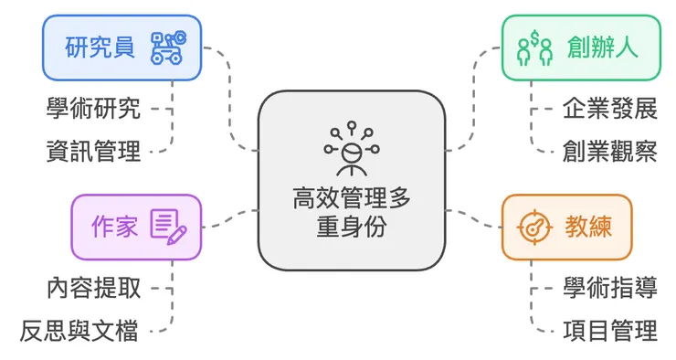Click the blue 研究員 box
click(121, 47)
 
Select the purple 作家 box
click(135, 226)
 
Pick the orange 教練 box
click(565, 226)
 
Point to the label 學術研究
click(93, 110)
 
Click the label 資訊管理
click(93, 151)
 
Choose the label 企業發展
click(609, 110)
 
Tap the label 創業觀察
click(609, 151)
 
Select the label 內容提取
click(93, 288)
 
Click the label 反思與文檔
click(79, 329)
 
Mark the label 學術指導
click(609, 288)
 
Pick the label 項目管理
click(609, 329)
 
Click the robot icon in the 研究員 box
click(168, 48)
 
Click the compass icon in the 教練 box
click(534, 226)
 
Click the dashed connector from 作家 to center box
click(229, 217)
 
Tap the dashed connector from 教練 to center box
click(473, 218)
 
